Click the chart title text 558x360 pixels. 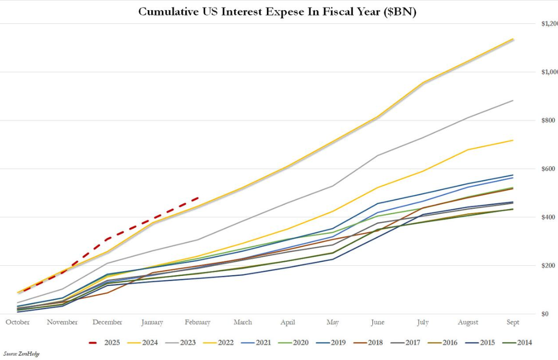point(277,11)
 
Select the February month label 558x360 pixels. point(197,322)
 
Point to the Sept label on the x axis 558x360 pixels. point(513,322)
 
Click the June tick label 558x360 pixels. point(377,322)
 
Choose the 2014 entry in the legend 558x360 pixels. point(524,343)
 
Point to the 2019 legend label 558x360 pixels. point(338,343)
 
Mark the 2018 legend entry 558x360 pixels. point(375,343)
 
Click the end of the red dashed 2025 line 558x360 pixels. point(198,198)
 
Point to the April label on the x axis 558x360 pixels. point(288,322)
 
